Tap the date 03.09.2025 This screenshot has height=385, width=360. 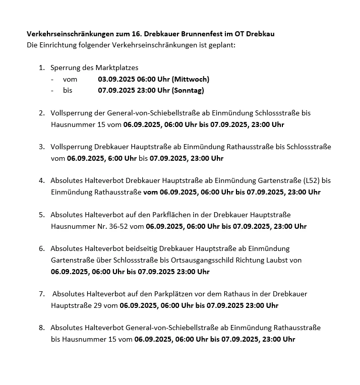(116, 79)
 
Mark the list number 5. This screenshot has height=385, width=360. (41, 215)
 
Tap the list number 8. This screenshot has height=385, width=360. (41, 328)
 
